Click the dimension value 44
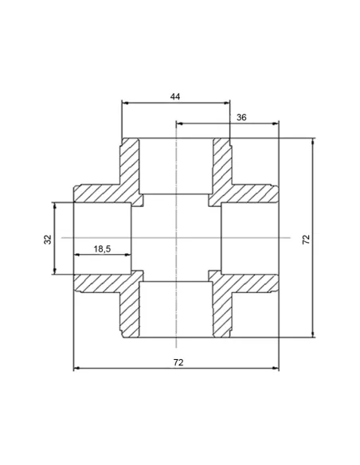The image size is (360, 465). pyautogui.click(x=175, y=96)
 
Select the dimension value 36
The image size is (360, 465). pyautogui.click(x=241, y=117)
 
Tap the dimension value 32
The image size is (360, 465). pyautogui.click(x=48, y=240)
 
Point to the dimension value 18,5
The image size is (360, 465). pyautogui.click(x=102, y=248)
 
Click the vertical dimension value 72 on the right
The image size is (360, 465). pyautogui.click(x=306, y=240)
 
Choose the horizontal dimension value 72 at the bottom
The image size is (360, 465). pyautogui.click(x=178, y=362)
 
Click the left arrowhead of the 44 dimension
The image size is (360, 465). pyautogui.click(x=125, y=103)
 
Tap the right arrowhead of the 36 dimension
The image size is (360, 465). pyautogui.click(x=276, y=123)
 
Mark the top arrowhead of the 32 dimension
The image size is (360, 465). pyautogui.click(x=55, y=205)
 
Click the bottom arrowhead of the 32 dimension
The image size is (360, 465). pyautogui.click(x=55, y=271)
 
